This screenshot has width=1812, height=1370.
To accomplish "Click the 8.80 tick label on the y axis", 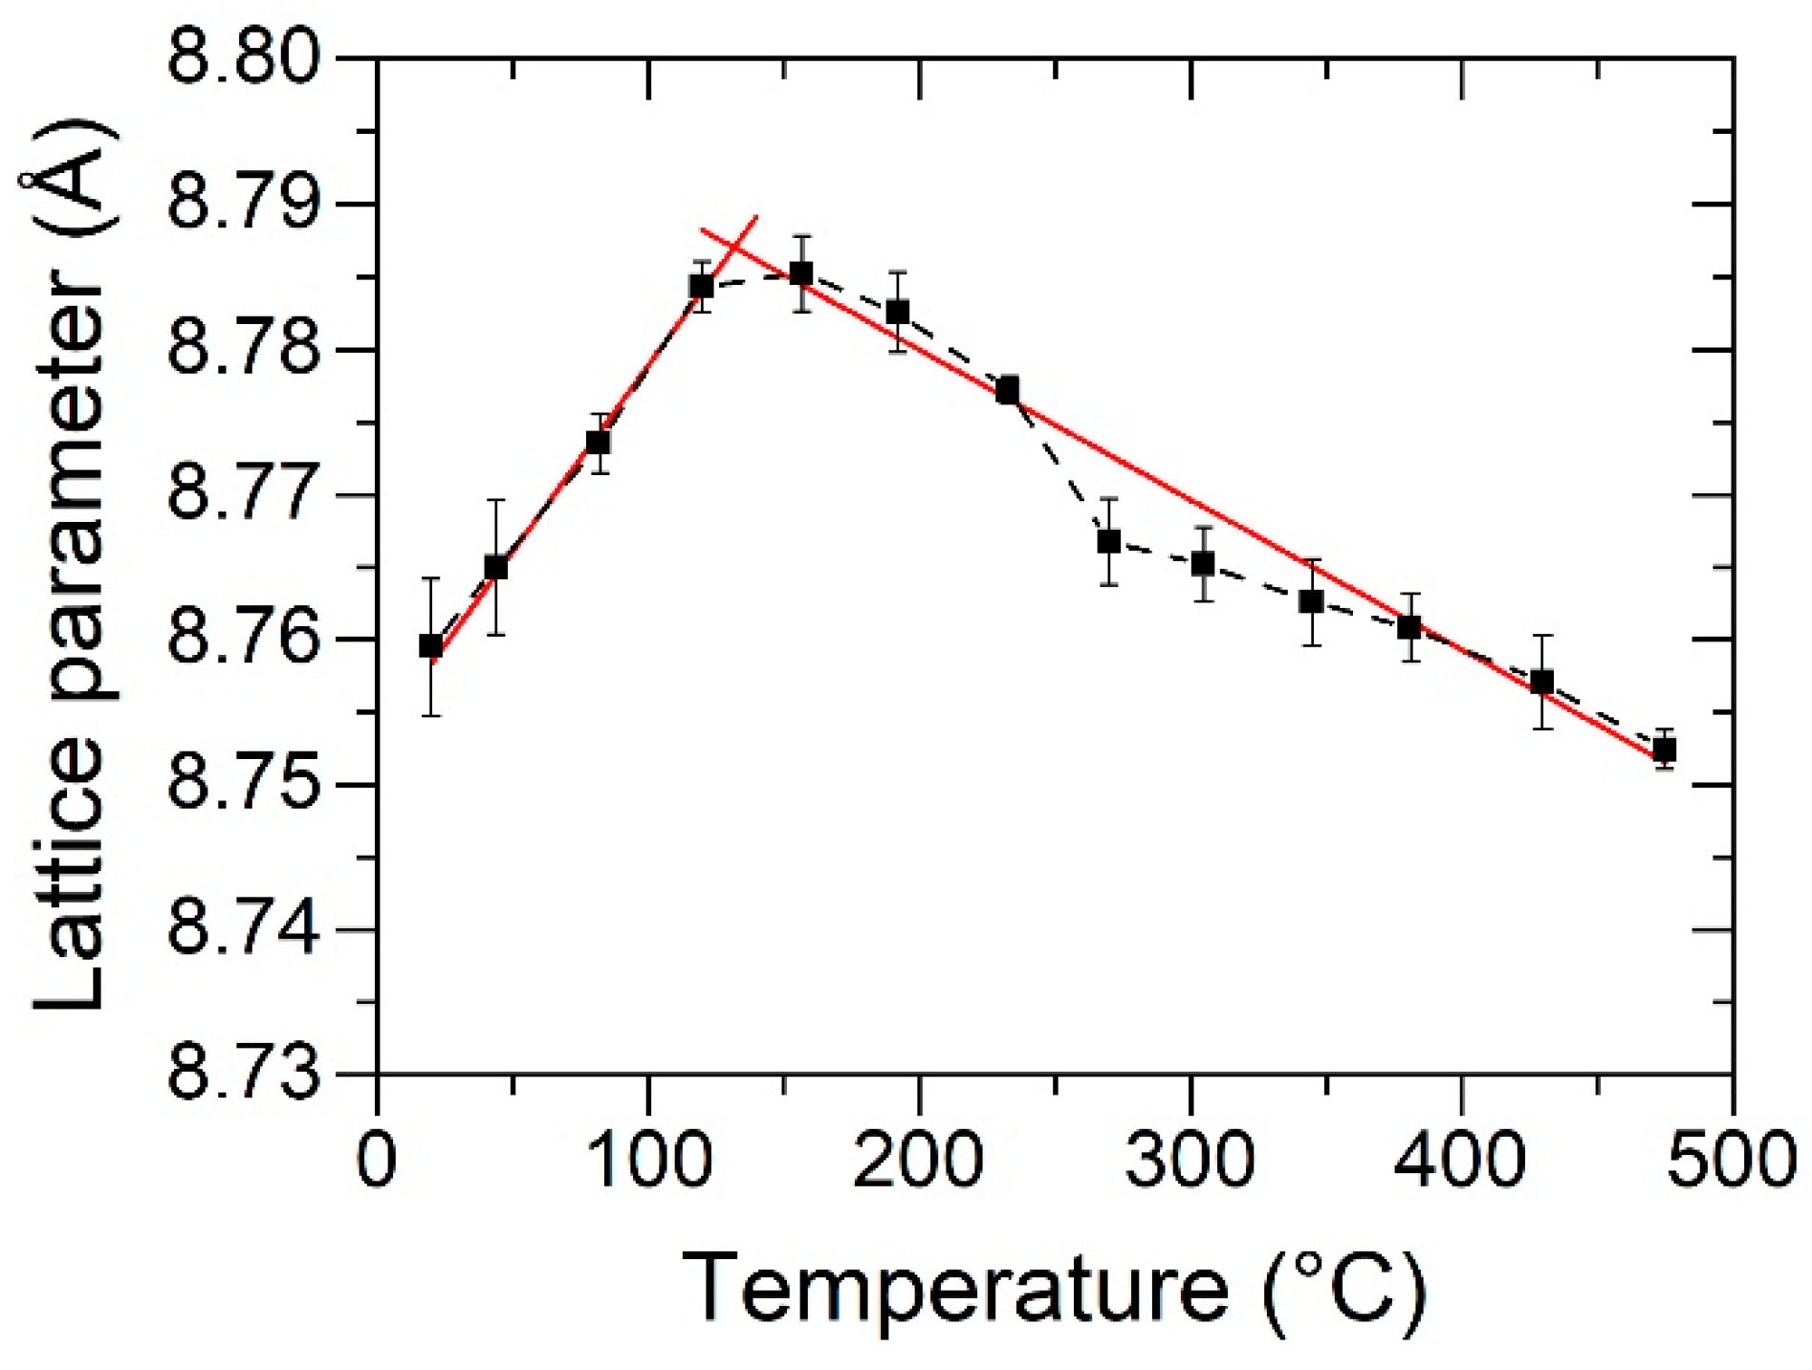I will coord(244,59).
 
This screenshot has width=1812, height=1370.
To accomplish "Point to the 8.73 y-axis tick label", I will coord(244,1074).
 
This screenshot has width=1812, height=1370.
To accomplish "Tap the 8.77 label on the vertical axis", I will coord(244,495).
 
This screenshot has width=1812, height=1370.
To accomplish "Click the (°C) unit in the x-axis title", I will coord(1343,1290).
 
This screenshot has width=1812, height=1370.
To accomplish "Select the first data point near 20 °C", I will coord(431,646).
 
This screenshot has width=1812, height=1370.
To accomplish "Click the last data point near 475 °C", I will coord(1665,750).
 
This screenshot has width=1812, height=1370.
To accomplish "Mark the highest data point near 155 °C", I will coord(801,274).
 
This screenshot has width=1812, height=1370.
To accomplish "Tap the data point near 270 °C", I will coord(1108,542).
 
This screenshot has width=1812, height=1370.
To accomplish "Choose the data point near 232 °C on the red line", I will coord(1007,390).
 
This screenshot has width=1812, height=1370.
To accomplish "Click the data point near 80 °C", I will coord(599,443).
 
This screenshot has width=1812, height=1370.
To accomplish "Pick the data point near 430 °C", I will coord(1541,682).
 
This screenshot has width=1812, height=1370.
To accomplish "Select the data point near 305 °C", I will coord(1203,563).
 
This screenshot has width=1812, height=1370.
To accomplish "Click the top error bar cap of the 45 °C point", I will coord(495,500).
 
